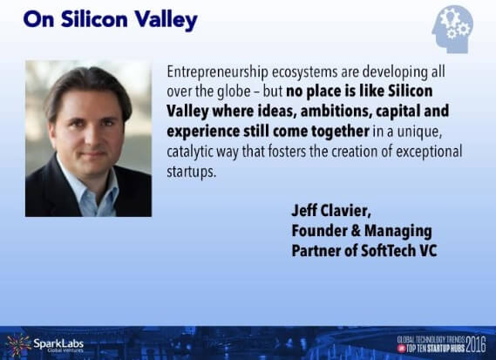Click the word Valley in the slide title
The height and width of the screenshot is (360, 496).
166,20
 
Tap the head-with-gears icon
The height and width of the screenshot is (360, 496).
452,29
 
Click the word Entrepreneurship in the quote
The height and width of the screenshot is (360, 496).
217,72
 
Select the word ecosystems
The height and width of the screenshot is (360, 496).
304,72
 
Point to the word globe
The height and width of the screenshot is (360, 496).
234,92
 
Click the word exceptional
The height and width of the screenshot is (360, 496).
429,152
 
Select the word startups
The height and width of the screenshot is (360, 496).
192,172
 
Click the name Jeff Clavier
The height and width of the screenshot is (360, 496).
331,211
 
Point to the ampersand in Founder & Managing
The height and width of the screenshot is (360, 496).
356,231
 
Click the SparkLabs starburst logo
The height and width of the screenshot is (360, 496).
18,345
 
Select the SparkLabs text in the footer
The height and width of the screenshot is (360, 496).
58,343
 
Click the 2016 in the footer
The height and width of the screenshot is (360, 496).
476,345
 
